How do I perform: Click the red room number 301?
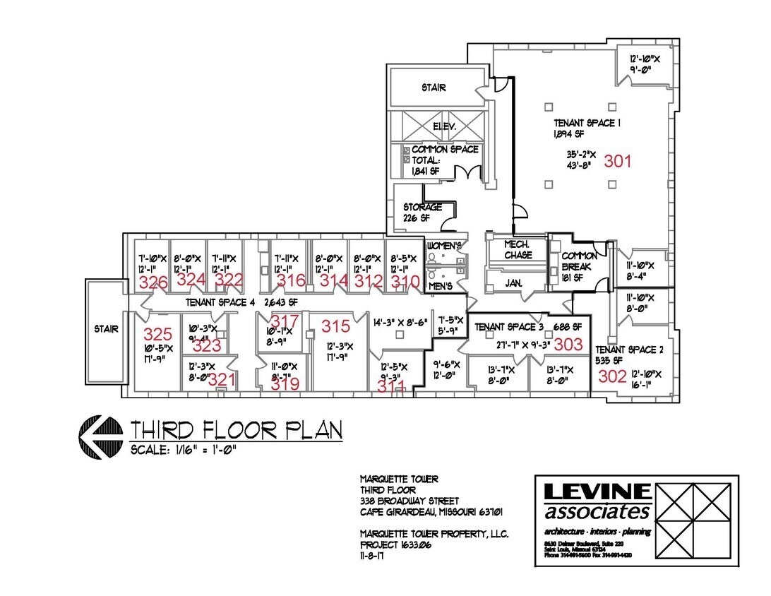pos(617,161)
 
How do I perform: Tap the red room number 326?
pos(153,283)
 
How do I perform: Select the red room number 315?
pos(335,326)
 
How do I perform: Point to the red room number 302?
pos(612,376)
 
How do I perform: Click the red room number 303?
pos(568,344)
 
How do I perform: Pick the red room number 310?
pos(405,281)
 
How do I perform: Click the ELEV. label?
pos(445,126)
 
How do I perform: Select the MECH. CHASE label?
pos(518,249)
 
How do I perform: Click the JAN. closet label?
pos(513,282)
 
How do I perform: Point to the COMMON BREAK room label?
pos(579,261)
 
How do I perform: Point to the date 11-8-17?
pos(377,556)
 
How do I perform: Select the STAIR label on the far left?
pos(107,329)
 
